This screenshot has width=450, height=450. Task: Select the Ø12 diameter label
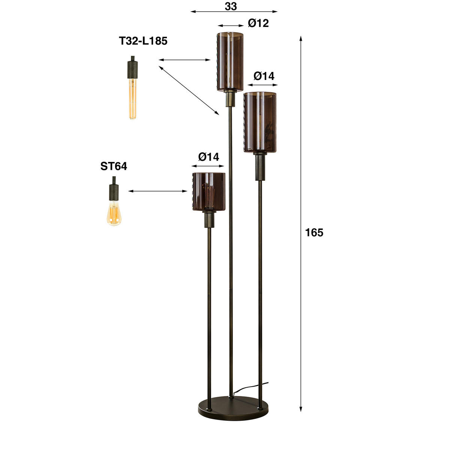pyautogui.click(x=258, y=23)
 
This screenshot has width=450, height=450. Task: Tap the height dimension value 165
pyautogui.click(x=314, y=233)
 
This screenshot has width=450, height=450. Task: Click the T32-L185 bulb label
pyautogui.click(x=143, y=41)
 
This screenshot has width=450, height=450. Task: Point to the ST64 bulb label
pyautogui.click(x=114, y=166)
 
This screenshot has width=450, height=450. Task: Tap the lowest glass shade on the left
pyautogui.click(x=209, y=192)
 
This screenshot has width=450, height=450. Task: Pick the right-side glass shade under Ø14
pyautogui.click(x=260, y=122)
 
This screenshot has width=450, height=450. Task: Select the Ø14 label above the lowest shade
pyautogui.click(x=208, y=156)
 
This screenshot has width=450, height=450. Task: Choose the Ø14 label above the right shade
pyautogui.click(x=264, y=76)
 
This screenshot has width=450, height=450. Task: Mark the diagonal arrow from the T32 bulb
pyautogui.click(x=189, y=90)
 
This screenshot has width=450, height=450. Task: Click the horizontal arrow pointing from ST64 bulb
pyautogui.click(x=157, y=191)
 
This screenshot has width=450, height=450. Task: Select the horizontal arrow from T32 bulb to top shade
pyautogui.click(x=184, y=60)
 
